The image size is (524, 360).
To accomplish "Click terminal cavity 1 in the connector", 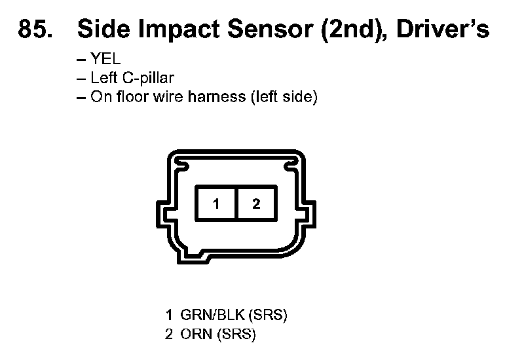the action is tap(216, 204).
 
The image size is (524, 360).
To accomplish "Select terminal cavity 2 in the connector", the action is tap(256, 204).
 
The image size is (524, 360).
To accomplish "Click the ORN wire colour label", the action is tap(195, 334).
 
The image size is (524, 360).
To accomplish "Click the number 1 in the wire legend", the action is tap(169, 315).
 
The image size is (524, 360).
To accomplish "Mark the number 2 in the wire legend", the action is tap(169, 334).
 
